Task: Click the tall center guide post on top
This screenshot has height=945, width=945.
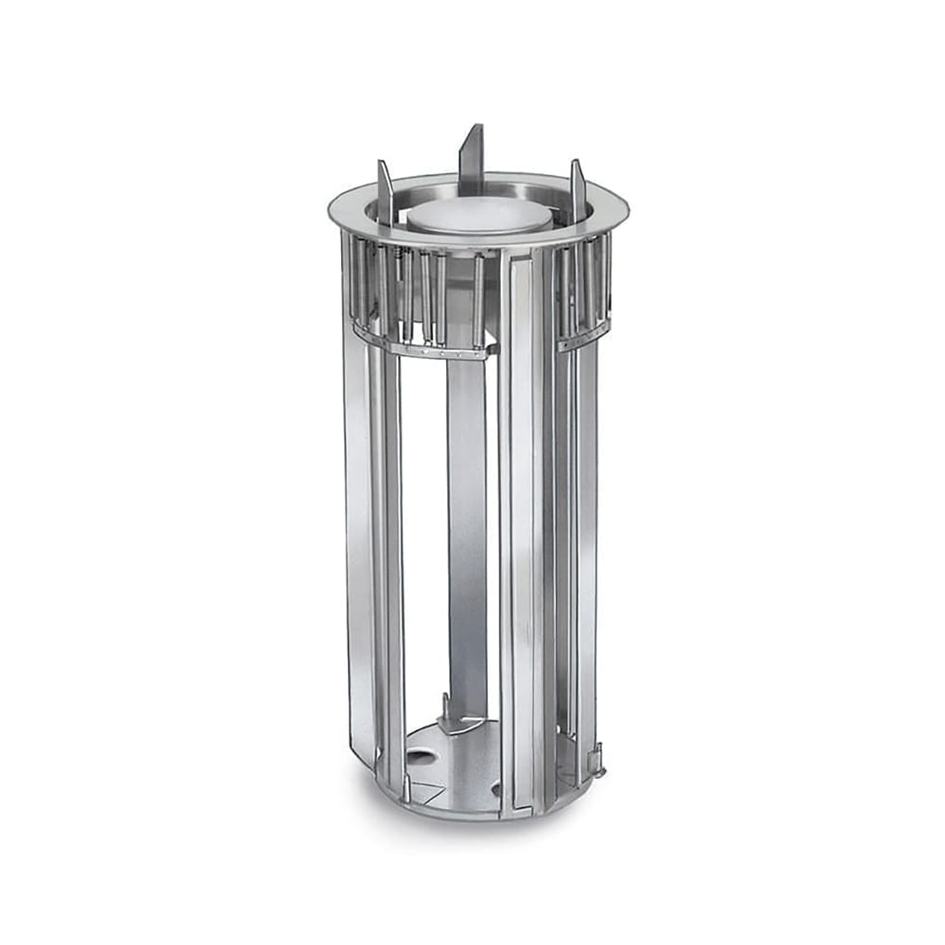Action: point(472,156)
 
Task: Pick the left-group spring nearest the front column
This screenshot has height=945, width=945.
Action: point(477,298)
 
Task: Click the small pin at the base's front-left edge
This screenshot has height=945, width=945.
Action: point(407,788)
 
